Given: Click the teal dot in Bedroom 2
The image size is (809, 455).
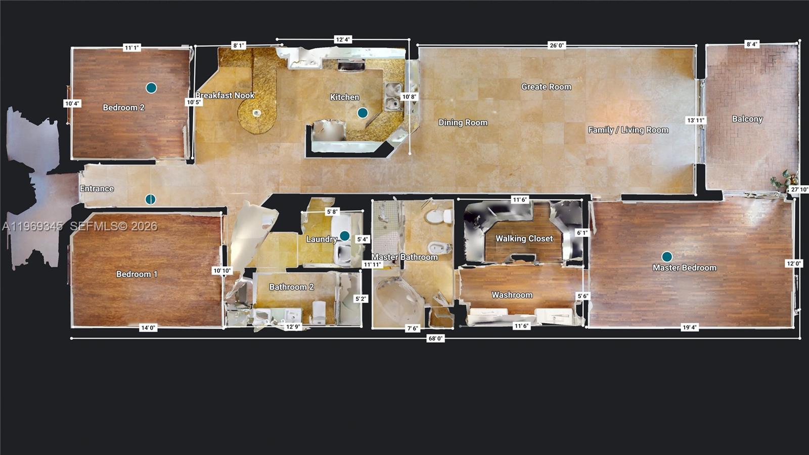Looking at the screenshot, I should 151,88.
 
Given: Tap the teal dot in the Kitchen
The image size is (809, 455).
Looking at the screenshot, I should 363,113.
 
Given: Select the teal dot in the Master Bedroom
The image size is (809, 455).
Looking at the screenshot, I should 667,257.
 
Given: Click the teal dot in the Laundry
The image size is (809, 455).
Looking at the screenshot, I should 344,236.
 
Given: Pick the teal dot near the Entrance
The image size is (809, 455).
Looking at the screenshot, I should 150,199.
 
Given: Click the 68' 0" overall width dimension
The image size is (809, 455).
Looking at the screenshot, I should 435,338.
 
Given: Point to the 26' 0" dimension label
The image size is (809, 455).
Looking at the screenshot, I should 557,46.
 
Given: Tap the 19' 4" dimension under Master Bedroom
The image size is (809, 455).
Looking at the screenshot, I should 690,327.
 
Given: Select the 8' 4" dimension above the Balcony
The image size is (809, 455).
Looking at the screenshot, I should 752,45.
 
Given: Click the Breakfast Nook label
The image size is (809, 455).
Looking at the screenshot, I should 225,95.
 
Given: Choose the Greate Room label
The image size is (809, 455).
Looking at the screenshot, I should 546,87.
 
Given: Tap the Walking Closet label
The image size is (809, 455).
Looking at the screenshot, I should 524,238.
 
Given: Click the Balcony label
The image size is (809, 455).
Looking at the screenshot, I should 747,119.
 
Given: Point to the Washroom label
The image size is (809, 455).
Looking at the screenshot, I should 512,295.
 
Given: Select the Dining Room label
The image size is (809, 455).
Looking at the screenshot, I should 463,122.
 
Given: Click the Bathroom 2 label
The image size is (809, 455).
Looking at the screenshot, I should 291,287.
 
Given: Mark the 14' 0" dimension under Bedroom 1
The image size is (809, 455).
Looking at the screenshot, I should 148,328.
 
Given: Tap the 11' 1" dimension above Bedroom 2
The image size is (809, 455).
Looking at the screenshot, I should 131,48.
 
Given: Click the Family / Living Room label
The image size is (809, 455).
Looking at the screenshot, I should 628,130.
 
